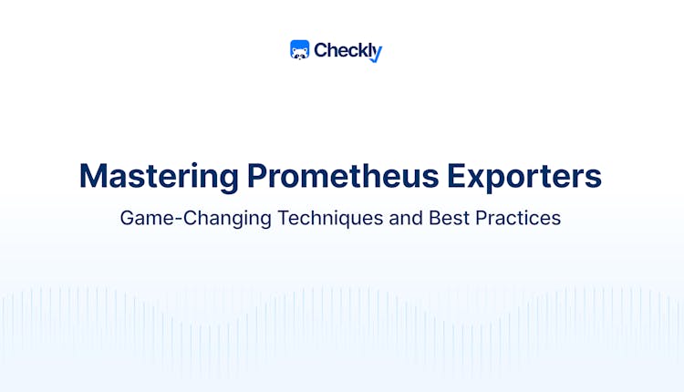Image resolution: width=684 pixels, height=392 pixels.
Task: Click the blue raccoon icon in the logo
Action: (x=300, y=50)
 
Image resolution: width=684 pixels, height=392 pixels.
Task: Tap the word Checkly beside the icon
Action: (x=347, y=51)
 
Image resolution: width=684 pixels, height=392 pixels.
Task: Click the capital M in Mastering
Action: (x=92, y=175)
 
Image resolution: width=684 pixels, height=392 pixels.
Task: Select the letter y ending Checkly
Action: (x=377, y=54)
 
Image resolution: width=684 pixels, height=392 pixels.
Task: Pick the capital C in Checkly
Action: (x=321, y=51)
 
